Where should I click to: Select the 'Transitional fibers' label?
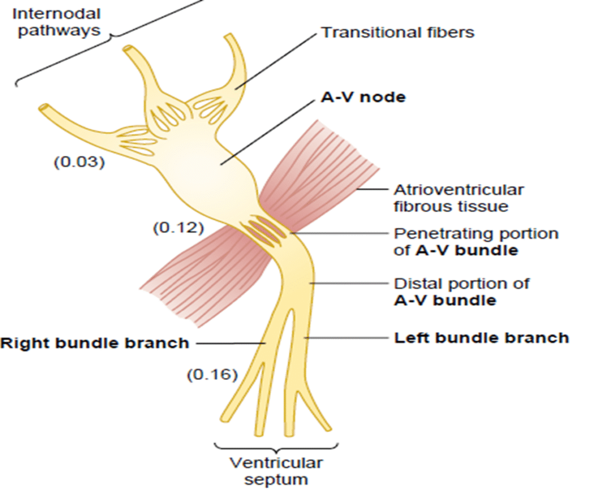click(397, 32)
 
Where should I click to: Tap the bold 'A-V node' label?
click(363, 97)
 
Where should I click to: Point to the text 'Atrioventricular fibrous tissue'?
click(459, 198)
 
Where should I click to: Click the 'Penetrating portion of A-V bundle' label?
click(476, 242)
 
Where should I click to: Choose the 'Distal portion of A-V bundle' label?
click(462, 292)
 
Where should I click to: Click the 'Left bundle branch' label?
click(481, 337)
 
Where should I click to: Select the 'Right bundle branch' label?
click(95, 343)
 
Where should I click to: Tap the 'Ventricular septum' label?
click(277, 471)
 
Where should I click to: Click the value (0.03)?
click(79, 162)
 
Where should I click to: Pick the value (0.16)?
click(212, 375)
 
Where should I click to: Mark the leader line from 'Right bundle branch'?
click(229, 343)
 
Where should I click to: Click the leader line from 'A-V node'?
click(267, 131)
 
